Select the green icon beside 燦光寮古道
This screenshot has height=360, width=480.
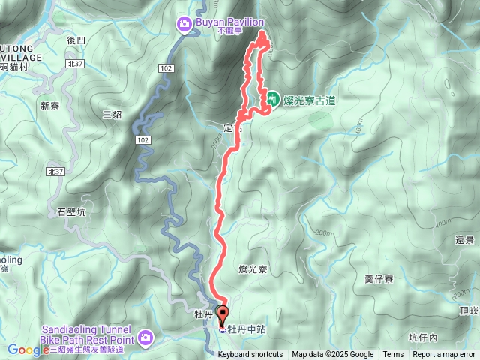pos(273,98)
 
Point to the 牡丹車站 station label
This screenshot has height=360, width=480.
pos(247,328)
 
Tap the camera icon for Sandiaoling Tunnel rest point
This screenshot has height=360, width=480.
pos(145,334)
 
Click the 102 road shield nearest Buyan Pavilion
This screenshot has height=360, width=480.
pos(167,68)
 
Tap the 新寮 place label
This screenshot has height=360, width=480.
pos(49,105)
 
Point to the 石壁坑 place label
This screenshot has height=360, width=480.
pos(72,212)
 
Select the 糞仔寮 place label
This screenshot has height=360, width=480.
pos(379,279)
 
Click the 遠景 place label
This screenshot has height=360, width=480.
pos(464,240)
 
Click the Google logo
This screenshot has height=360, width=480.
pos(28,349)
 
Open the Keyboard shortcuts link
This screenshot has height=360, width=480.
pos(250,355)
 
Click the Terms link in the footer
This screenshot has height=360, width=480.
pos(393,355)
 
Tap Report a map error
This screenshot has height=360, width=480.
pos(444,355)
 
